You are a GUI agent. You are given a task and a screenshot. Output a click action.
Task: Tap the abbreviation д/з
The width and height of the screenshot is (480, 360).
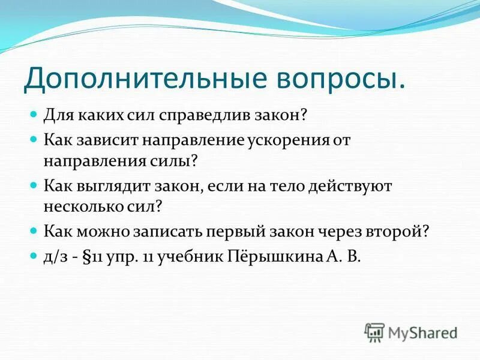point(53,257)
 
